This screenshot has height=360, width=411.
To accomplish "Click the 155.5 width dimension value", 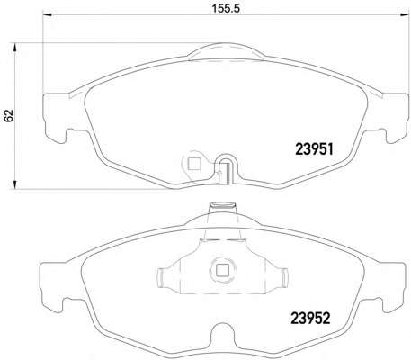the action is coord(226,8).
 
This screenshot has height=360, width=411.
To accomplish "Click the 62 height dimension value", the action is coord(9,115).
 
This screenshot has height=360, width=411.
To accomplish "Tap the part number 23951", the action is coord(314,148).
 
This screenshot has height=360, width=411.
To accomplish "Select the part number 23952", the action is coord(310,318).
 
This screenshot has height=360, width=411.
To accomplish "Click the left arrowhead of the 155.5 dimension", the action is coord(48,14).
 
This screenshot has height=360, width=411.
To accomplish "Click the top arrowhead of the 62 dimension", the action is coord(14,48).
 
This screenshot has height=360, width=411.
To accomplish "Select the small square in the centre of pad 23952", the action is coord(222,270).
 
